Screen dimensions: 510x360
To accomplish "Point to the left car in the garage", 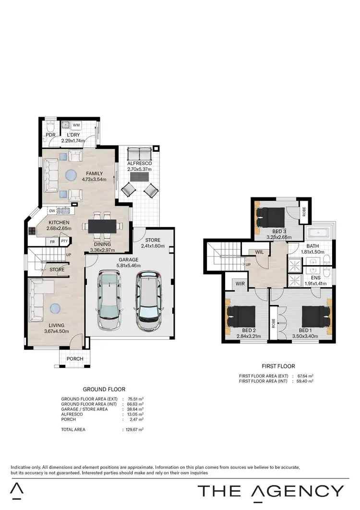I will coord(109,300).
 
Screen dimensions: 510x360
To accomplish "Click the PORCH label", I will coord(75,359).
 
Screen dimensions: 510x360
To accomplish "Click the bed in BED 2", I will coord(242,317).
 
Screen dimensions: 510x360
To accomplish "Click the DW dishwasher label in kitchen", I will coord(51,210).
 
